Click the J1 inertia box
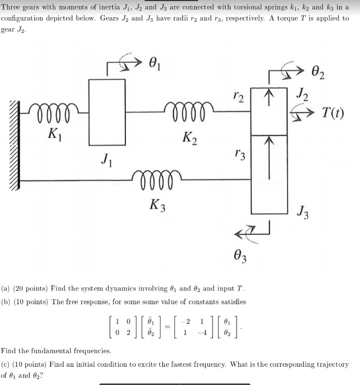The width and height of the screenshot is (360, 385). [x=107, y=112]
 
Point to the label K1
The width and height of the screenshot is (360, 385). [x=53, y=135]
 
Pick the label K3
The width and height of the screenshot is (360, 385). [x=158, y=205]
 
